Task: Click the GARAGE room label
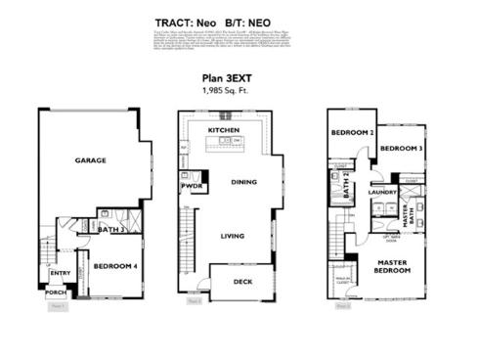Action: coord(91,160)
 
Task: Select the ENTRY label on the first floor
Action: coord(61,273)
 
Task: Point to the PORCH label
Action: coord(56,292)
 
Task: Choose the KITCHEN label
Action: coord(224,130)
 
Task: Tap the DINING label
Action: coord(244,182)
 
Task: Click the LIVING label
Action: coord(232,235)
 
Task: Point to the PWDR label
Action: coord(190,186)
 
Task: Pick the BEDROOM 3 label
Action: coord(401,149)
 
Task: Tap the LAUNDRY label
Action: coord(381,192)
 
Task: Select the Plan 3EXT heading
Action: coord(239,80)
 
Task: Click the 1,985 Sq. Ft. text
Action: coord(239,90)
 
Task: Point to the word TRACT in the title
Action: coord(176,21)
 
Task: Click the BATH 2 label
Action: coord(346,185)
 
